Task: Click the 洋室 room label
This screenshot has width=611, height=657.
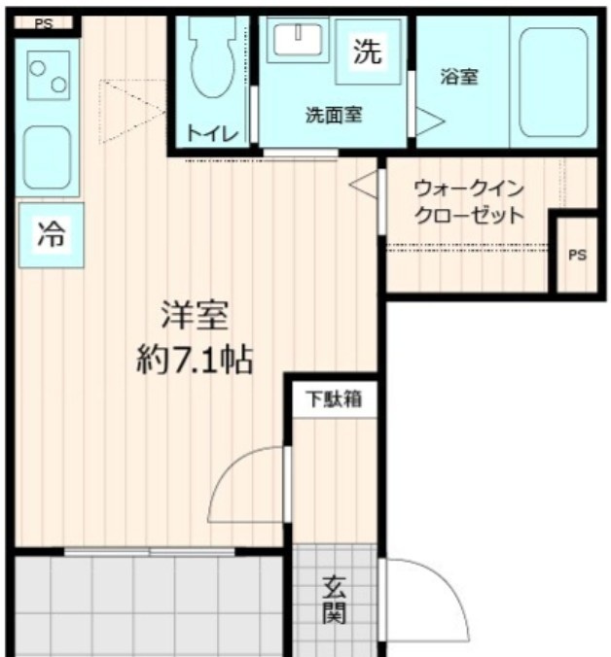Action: point(195,317)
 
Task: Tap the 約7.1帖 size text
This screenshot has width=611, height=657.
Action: point(195,361)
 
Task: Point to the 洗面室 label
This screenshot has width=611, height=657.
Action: point(334,114)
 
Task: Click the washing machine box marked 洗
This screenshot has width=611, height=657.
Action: point(368,52)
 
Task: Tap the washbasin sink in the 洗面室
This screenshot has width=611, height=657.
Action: point(297,40)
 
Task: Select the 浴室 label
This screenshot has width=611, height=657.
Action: point(458,77)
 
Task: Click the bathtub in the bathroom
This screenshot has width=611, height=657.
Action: point(552,82)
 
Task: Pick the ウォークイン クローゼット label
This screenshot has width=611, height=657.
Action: point(469,201)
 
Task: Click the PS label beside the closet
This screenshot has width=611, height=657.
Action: point(577,256)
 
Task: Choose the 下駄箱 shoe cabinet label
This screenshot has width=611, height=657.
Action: point(335,398)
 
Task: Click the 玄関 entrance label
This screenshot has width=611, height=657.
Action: point(335,601)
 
